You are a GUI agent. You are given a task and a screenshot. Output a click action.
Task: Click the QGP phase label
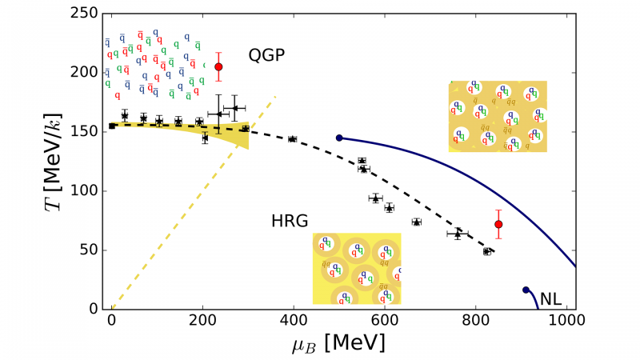point(267,55)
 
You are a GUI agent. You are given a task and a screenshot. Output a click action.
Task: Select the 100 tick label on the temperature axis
point(89,191)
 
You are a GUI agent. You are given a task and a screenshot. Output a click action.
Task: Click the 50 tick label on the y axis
point(93,250)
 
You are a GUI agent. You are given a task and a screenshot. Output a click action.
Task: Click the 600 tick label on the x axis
point(385,322)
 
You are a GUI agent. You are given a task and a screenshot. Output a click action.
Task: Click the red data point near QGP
point(218,66)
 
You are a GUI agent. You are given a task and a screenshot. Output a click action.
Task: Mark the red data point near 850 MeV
point(498,224)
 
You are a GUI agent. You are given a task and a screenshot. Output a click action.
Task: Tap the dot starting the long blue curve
point(339,138)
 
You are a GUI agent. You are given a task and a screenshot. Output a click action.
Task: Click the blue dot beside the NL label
point(526,290)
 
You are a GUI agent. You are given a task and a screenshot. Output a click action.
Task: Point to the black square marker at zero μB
point(112,126)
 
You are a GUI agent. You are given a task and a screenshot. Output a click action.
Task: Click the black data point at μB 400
point(293,139)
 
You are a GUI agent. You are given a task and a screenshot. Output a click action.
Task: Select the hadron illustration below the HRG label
point(357,269)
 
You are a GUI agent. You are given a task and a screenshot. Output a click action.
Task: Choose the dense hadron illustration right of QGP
point(498,117)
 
